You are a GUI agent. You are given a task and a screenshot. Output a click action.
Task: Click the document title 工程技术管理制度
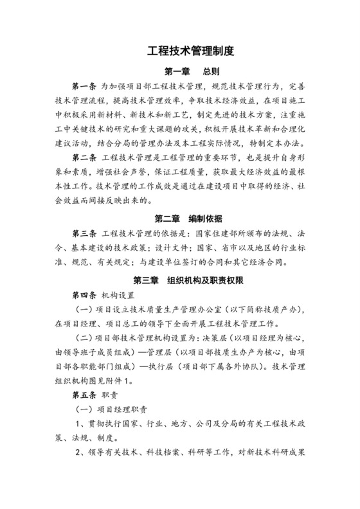(x=179, y=49)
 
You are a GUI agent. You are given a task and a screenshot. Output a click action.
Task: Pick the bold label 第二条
(x=84, y=157)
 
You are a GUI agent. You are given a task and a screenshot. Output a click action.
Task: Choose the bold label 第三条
(x=84, y=233)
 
